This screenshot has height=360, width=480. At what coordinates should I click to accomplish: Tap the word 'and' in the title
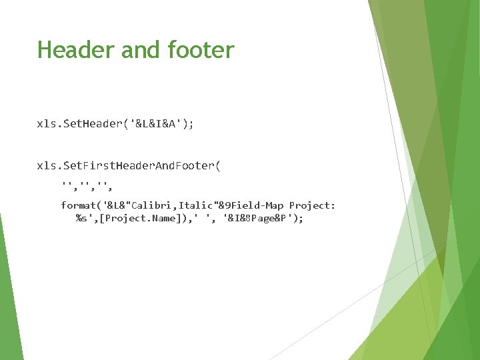(x=139, y=50)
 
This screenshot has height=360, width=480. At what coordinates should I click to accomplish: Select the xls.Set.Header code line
(x=115, y=124)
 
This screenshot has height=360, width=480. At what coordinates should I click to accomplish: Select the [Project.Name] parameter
(x=131, y=218)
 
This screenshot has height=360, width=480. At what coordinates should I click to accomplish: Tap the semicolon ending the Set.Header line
(x=192, y=125)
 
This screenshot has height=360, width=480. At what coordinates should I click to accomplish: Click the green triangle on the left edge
(x=9, y=293)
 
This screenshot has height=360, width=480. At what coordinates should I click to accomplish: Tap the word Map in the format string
(x=273, y=205)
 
